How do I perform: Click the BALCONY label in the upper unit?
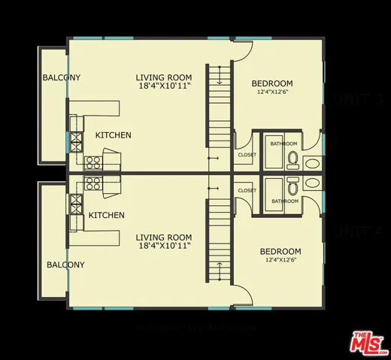coord(62,78)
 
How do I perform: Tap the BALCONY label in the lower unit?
coord(65,265)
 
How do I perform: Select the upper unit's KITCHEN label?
coord(113,135)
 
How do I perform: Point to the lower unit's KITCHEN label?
coord(106,216)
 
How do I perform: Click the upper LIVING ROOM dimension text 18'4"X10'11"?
coord(164,87)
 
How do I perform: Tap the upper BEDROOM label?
coord(272,83)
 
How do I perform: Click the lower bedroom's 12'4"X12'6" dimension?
coord(280,261)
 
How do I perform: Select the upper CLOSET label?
coord(247,155)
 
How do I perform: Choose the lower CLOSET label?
coord(247,191)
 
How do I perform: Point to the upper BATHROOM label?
coord(285,144)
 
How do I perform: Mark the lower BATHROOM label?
coord(285,201)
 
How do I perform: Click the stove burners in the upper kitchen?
coord(94,161)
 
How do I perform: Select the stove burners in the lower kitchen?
coord(93,183)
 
